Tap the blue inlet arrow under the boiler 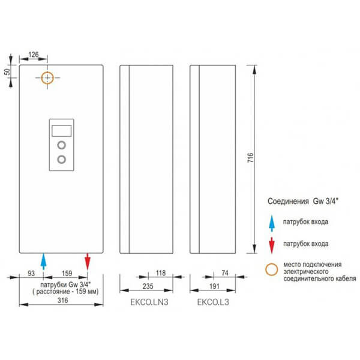point(43,262)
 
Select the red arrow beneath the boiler point(88,262)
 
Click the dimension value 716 point(250,158)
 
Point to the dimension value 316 point(62,301)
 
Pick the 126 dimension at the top point(34,55)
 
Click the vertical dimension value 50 point(7,72)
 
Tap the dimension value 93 point(31,273)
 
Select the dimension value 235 point(148,286)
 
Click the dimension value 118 point(161,273)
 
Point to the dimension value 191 point(214,286)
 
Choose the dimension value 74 point(225,273)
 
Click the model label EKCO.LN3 point(149,302)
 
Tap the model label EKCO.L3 point(213,302)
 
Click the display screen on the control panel point(62,131)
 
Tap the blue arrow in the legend point(272,223)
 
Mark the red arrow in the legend point(272,245)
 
